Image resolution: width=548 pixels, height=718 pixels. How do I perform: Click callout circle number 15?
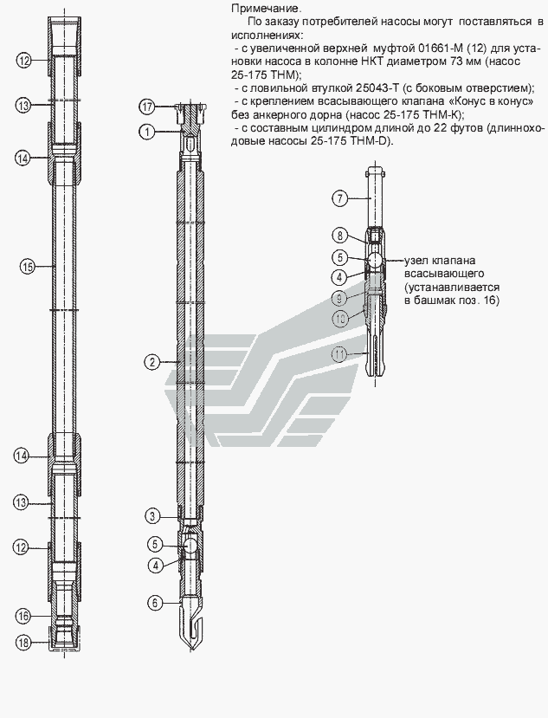pos(27,266)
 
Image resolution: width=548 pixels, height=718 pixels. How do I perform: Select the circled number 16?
pos(23,616)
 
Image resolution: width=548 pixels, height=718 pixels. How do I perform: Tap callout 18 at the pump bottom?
pos(23,643)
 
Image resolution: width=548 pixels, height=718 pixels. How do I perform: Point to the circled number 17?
pos(147,107)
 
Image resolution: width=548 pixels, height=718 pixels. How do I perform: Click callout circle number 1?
pos(147,133)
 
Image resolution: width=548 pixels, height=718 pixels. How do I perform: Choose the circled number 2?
pos(152,362)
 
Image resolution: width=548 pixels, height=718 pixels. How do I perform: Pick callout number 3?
pos(152,516)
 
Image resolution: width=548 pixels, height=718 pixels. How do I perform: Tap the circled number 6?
pos(155,603)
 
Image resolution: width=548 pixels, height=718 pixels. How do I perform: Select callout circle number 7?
pos(339,198)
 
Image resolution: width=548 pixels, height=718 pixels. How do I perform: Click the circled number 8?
pos(339,236)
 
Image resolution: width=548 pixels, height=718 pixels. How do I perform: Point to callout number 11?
pos(339,354)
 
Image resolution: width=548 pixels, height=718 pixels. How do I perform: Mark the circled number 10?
pos(339,318)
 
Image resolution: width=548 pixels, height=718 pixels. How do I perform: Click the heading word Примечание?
pos(267,9)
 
